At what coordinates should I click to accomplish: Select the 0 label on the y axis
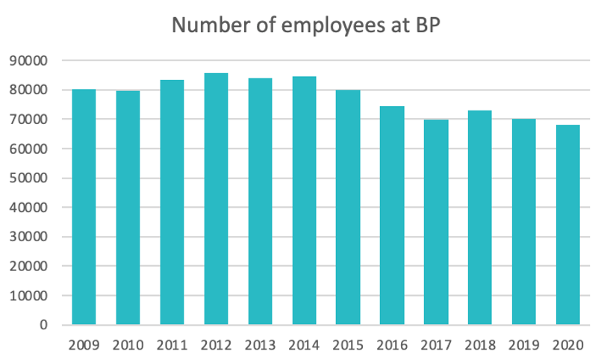click(x=44, y=325)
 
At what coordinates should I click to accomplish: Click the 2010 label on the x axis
click(x=128, y=346)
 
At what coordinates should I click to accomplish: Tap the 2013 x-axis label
click(x=260, y=346)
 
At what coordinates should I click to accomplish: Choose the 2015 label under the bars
click(x=348, y=346)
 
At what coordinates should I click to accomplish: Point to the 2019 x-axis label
click(x=524, y=346)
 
